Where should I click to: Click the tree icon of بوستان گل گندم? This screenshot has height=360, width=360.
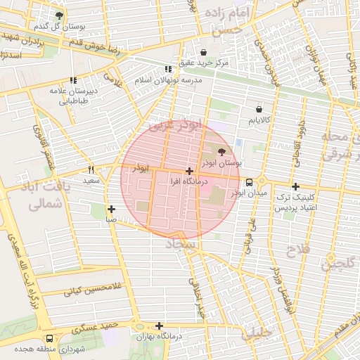point(59,15)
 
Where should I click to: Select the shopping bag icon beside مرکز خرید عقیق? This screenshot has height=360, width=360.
point(204,53)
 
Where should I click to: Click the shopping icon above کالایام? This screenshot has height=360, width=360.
point(259,110)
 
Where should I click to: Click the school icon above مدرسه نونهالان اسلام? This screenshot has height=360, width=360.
point(167,69)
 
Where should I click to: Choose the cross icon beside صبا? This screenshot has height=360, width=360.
point(112,209)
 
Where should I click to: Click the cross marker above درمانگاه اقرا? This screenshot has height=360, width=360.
point(189,171)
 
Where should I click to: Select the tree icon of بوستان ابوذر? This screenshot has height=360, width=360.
point(222,151)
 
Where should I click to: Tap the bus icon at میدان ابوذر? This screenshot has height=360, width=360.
point(250,181)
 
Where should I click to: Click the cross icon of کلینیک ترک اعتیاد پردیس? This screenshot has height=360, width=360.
point(296,187)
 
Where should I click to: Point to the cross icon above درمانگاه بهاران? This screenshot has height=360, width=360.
point(160,326)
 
